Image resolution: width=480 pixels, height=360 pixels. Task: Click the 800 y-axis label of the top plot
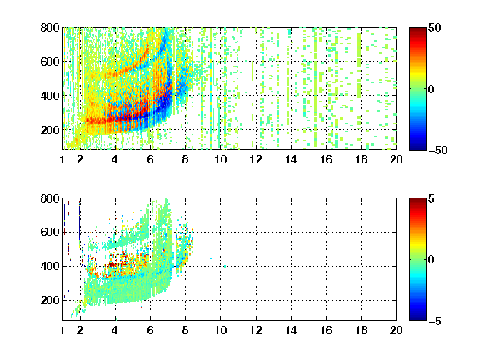point(50,27)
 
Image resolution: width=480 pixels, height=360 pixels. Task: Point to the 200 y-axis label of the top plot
point(50,130)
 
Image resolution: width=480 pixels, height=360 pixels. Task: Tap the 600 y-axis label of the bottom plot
point(50,232)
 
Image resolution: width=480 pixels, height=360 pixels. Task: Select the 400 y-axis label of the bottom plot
point(50,266)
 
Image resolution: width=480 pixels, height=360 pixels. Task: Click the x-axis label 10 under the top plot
point(220,159)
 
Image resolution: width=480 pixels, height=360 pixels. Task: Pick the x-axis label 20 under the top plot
point(396,159)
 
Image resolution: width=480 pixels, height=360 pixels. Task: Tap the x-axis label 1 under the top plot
point(62,159)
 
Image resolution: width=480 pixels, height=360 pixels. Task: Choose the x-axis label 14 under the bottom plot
point(291,330)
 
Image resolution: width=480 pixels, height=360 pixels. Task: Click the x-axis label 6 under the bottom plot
point(150,330)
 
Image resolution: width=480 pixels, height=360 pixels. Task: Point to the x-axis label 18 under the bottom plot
point(361,330)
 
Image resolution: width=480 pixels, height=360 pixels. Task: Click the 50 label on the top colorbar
point(435,27)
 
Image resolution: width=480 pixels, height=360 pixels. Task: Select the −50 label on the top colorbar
point(438,150)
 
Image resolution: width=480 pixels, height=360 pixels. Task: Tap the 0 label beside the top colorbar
point(432,89)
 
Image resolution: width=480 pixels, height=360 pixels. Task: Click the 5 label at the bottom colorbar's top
point(432,198)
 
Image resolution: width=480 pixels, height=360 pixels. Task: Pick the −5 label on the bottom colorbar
point(435,321)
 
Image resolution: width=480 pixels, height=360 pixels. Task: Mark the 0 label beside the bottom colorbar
point(432,260)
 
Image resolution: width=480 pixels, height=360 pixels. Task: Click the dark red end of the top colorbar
point(417,30)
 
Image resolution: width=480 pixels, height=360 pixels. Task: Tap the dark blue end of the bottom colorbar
point(417,317)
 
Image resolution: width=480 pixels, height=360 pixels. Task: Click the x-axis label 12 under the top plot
point(256,159)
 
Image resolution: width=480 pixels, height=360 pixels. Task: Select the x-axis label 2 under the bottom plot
point(80,330)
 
